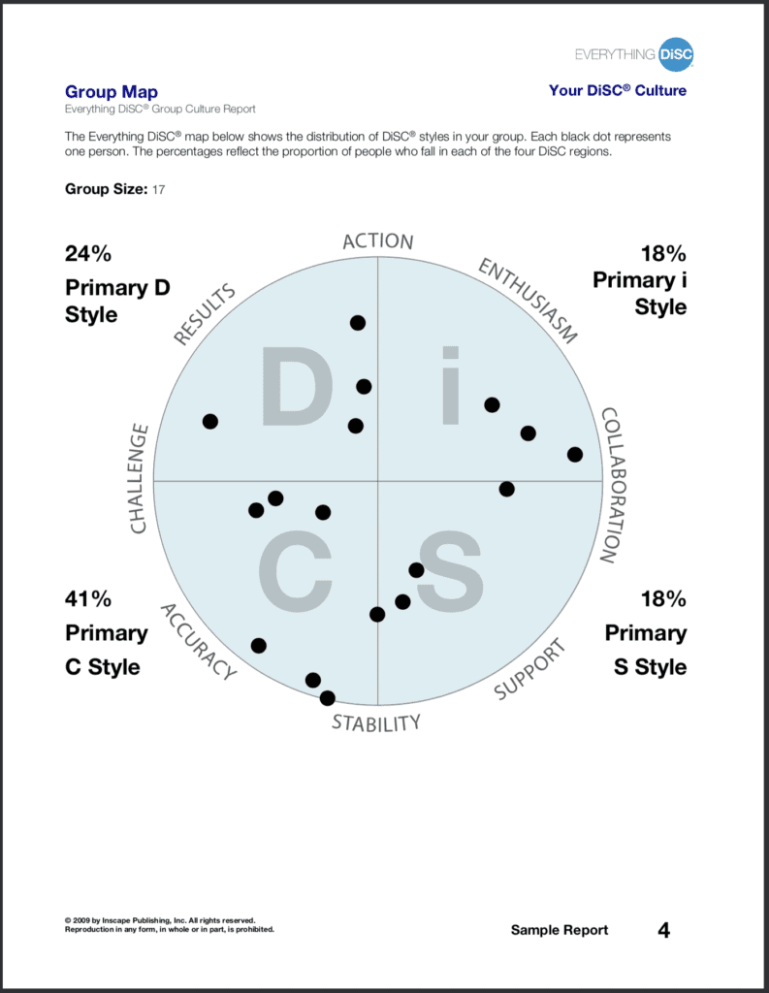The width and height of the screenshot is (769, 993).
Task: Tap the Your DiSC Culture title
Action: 617,90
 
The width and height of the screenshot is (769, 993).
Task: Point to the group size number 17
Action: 159,190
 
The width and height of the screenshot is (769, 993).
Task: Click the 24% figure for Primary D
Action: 88,254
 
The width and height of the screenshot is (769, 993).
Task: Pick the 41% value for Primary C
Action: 88,598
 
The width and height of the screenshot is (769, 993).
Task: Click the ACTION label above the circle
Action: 378,241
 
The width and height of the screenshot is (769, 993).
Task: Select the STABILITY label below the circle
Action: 376,723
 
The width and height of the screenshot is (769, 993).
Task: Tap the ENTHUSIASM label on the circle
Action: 528,302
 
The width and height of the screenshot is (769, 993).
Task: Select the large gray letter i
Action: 449,388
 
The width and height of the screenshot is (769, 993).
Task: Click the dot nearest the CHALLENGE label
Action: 210,421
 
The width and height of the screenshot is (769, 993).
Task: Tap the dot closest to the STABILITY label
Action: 328,697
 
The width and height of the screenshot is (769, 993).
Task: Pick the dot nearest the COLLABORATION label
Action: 575,454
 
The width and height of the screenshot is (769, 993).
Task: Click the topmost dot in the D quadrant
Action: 358,322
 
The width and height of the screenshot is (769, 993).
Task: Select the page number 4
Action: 663,930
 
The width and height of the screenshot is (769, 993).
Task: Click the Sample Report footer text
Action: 560,930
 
